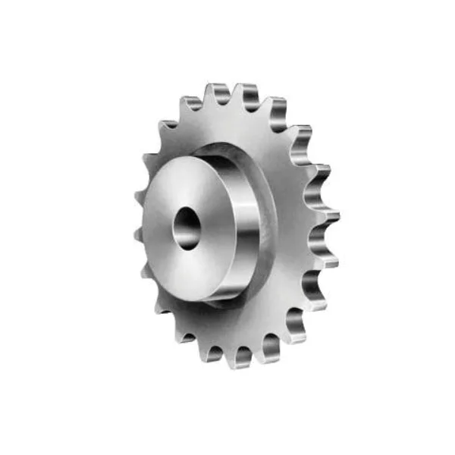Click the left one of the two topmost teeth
(x=218, y=93)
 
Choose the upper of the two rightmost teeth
(x=328, y=215)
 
